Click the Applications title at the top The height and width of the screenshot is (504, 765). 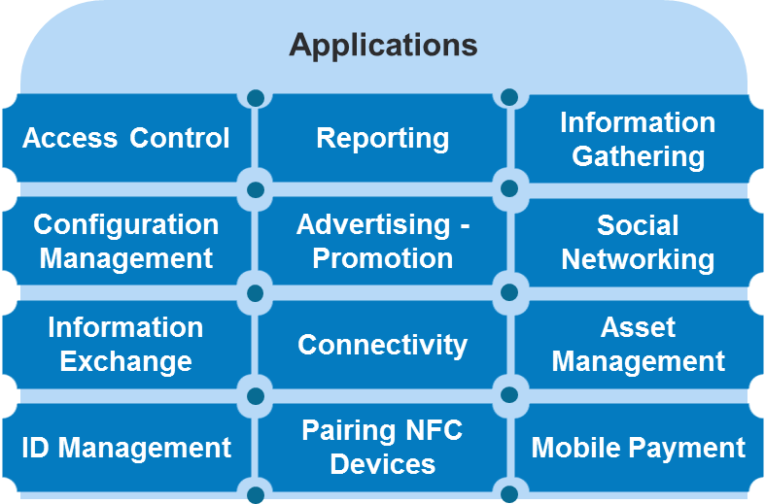(383, 46)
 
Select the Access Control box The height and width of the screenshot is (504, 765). (126, 138)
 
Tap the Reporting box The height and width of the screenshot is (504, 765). (383, 138)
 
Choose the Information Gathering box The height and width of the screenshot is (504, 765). (638, 139)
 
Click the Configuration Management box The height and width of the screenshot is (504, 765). (126, 242)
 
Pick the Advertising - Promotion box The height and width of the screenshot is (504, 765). (383, 242)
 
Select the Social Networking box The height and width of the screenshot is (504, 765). (638, 242)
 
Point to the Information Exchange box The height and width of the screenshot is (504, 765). (126, 345)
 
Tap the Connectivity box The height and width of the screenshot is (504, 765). (383, 345)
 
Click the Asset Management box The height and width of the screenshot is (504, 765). (638, 345)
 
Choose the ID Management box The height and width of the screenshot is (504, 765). (126, 448)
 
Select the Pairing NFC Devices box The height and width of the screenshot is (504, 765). (383, 447)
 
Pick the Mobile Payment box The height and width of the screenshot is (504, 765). (638, 448)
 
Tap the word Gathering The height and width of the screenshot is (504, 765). (638, 156)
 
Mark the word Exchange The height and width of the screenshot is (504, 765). (126, 362)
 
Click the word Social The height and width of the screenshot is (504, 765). (638, 225)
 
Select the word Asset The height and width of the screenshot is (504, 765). (638, 327)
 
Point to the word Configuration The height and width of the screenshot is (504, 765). (126, 224)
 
